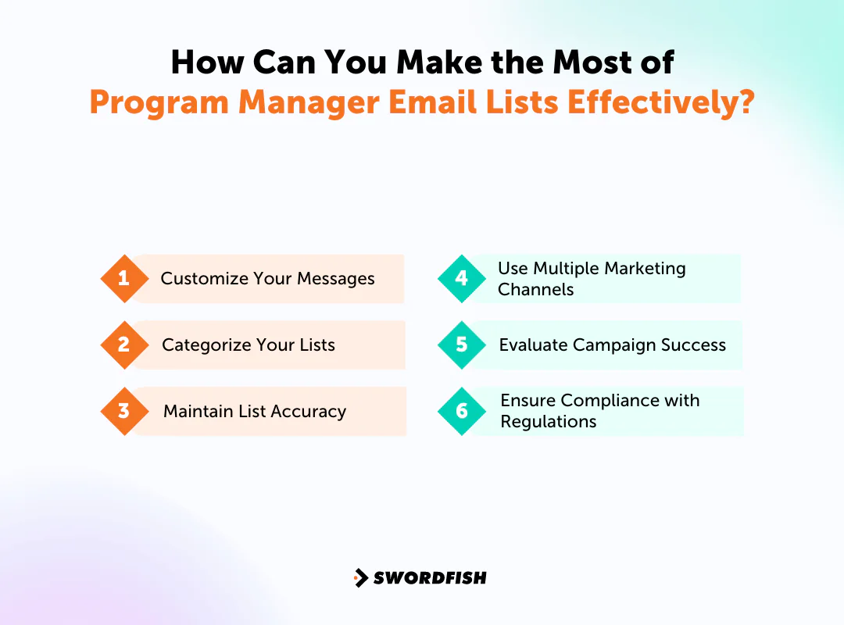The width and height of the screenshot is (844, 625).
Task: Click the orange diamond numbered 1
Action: point(124,278)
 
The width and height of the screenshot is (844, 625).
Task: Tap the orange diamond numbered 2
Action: point(124,345)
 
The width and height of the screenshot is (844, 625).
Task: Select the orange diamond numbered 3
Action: point(124,411)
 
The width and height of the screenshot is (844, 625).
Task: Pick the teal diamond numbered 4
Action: point(462,278)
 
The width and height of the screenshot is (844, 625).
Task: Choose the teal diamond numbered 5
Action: point(462,345)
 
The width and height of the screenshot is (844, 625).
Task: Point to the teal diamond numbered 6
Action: point(462,411)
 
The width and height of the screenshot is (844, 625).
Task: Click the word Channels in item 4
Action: point(535,290)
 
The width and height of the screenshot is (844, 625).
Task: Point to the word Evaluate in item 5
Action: point(533,345)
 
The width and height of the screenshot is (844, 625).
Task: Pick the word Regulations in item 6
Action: point(548,422)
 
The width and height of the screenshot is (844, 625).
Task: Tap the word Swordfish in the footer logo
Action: point(430,578)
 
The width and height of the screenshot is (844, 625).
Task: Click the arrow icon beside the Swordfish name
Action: point(361,578)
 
